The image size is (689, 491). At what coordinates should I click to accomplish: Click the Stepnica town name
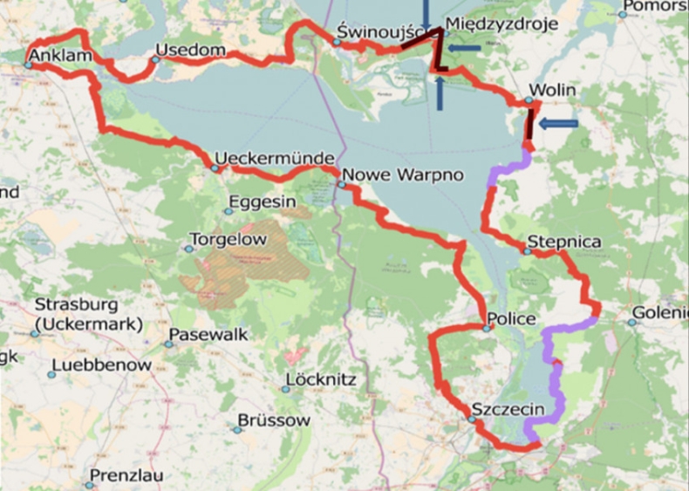(x=564, y=242)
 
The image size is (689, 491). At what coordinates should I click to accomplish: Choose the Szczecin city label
(x=508, y=409)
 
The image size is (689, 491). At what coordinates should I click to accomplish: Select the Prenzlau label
(x=129, y=476)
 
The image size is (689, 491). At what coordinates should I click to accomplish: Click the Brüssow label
(x=273, y=420)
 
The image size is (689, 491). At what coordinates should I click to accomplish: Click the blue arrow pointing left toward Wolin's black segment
(x=558, y=124)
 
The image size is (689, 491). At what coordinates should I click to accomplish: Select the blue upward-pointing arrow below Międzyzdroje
(x=440, y=92)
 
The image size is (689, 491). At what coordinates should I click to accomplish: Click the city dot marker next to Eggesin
(x=229, y=210)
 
